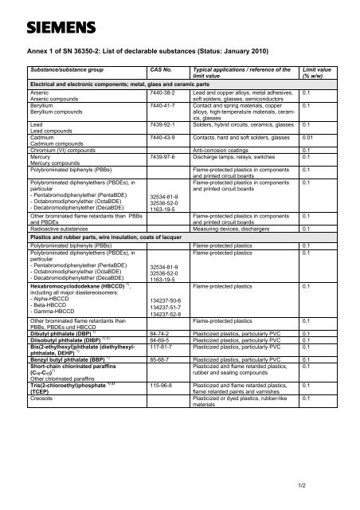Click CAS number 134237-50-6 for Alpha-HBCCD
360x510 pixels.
click(x=166, y=301)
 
